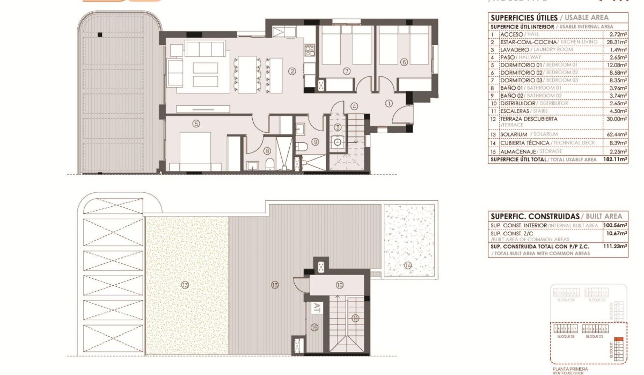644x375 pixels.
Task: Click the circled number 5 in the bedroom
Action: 196,123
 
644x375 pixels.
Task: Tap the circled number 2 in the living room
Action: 292,71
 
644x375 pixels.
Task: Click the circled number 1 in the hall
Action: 389,103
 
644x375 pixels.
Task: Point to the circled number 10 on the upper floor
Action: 339,285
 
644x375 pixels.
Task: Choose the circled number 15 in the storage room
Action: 314,327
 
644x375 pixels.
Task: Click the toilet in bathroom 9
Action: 303,147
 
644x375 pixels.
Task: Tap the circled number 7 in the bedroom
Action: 347,71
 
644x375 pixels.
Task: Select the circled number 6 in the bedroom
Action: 404,61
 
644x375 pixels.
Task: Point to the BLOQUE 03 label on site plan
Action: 566,336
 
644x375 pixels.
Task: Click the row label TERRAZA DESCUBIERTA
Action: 521,119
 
